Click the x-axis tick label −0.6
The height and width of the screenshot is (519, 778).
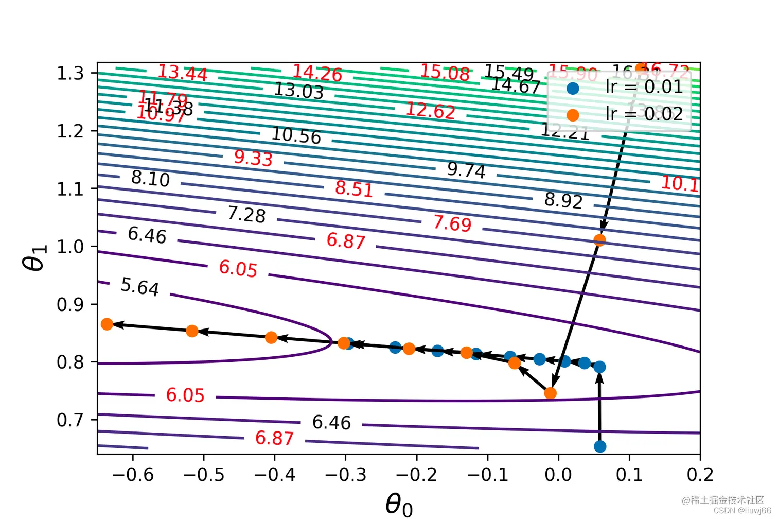pos(133,475)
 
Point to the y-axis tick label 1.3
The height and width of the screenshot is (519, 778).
pos(70,73)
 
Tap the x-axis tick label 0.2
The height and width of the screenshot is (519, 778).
pos(700,475)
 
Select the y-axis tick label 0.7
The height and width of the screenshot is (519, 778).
pos(70,420)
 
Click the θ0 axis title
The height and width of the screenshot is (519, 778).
pos(399,503)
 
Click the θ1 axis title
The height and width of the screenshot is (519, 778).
pos(35,256)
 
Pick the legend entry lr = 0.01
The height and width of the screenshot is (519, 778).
pos(644,87)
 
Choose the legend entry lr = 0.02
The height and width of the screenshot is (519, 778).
pos(644,114)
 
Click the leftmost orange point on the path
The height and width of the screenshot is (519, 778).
pos(107,324)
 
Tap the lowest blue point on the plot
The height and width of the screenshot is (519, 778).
pos(600,446)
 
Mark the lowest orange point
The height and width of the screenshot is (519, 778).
pos(550,393)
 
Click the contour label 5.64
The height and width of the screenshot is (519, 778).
pos(139,286)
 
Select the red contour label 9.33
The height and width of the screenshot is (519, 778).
pos(253,158)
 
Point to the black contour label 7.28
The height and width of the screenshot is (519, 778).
pos(246,214)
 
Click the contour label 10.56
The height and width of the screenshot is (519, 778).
pos(296,135)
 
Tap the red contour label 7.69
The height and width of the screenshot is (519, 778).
pos(452,223)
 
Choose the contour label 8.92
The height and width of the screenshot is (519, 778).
pos(563,200)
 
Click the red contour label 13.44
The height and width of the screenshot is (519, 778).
pos(182,73)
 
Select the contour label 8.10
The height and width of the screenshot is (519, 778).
pos(150,179)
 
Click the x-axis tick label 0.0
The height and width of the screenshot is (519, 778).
pos(558,475)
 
